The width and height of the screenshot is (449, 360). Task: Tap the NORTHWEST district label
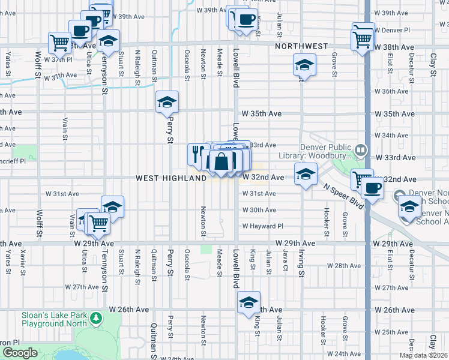click(301, 46)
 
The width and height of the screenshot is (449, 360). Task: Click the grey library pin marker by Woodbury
click(360, 149)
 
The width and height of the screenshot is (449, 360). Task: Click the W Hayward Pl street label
click(262, 226)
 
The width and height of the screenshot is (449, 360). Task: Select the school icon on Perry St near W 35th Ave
click(167, 101)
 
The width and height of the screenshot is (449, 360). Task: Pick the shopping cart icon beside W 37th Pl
click(59, 42)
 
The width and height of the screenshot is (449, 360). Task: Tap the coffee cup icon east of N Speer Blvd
click(373, 187)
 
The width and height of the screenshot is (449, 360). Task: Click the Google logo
click(19, 353)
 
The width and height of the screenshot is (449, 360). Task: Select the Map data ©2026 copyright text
click(423, 355)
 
